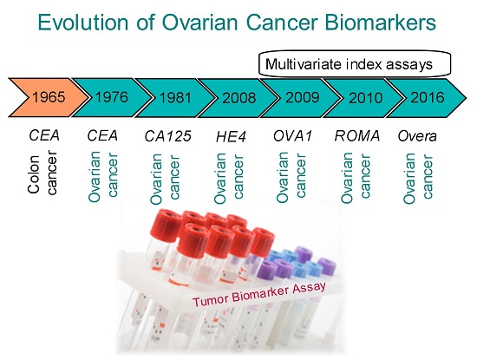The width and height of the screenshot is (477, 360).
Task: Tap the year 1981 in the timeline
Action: point(175,98)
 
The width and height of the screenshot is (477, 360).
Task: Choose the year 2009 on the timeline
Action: point(303,97)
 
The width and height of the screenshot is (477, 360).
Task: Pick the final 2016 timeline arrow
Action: point(427,97)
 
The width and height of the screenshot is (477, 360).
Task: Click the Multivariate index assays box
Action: point(355,63)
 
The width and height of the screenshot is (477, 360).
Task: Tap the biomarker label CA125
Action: point(167,136)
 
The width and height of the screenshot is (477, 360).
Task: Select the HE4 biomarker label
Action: point(231,137)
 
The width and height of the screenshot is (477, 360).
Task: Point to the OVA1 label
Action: point(292,135)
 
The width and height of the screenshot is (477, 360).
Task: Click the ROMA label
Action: point(357,135)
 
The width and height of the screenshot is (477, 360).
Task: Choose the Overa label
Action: point(417,136)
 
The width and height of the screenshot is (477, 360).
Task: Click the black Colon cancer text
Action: point(42,173)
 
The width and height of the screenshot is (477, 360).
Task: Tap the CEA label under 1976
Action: point(102,135)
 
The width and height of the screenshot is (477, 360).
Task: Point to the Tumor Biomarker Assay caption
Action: point(259,294)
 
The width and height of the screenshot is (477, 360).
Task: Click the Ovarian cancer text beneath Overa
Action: point(418,178)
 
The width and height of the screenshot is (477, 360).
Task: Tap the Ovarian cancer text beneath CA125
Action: point(166,179)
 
